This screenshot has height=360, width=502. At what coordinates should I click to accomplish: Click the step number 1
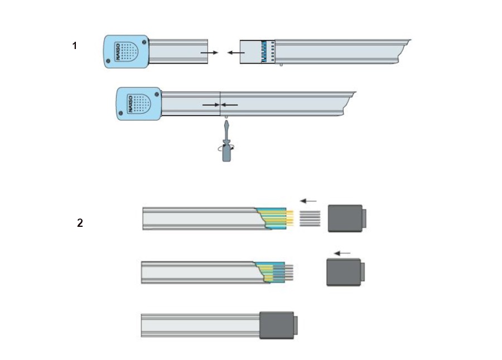coord(75,46)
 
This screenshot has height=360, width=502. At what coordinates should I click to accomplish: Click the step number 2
coord(80,223)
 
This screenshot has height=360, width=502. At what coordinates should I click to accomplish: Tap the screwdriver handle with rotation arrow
coord(226,152)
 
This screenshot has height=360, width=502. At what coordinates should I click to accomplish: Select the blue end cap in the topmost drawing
coord(126,52)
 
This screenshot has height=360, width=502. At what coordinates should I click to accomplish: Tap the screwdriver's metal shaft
coord(226,131)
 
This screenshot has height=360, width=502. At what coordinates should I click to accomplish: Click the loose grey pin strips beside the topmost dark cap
coord(310,218)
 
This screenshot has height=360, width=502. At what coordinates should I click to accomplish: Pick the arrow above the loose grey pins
coord(308,201)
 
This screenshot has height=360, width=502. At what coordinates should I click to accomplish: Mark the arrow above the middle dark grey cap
coord(342,254)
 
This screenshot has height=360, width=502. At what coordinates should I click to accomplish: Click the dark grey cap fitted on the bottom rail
coord(277,325)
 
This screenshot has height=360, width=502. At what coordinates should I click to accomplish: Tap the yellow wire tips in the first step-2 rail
coord(289,218)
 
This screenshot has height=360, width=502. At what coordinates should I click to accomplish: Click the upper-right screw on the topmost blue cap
coord(144,41)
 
